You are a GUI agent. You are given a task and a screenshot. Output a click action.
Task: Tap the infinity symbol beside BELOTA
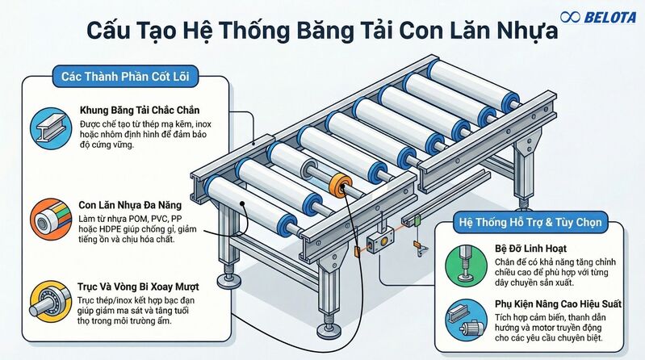click(x=571, y=16)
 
